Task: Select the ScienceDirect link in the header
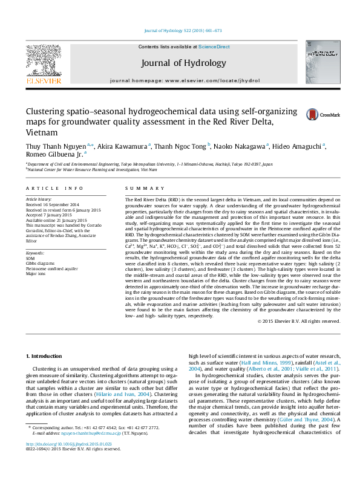(x=214, y=47)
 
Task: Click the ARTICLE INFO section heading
(x=54, y=189)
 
